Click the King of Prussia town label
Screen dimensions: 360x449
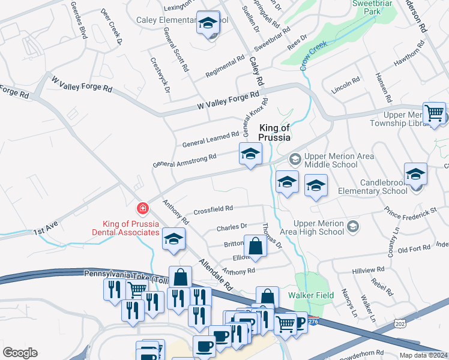coord(274,133)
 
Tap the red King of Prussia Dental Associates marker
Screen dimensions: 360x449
coord(143,209)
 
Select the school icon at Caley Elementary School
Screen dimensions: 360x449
coord(208,23)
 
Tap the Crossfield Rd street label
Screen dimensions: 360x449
coord(213,209)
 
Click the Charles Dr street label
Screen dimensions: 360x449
coord(232,227)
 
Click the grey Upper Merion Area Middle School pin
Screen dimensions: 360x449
coord(295,159)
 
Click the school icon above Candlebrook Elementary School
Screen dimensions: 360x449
coord(415,174)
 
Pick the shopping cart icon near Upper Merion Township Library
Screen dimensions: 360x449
coord(434,113)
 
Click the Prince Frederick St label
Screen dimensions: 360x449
coord(411,212)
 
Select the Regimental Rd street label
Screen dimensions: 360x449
coord(225,66)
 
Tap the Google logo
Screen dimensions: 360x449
coord(20,352)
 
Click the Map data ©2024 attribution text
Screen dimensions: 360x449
coord(424,355)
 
